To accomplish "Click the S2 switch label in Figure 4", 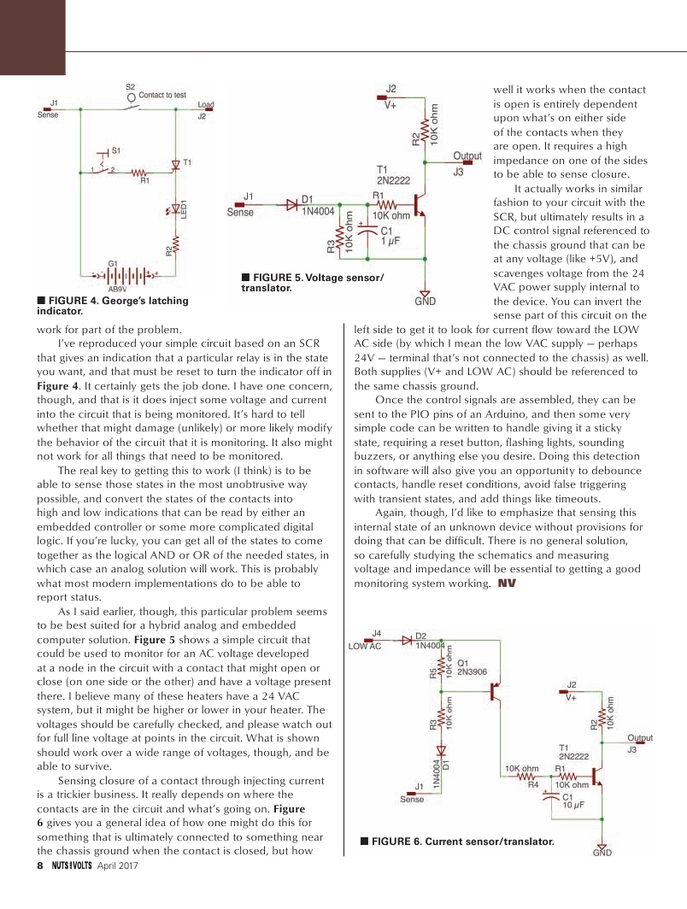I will coord(130,87).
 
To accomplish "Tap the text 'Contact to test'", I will coord(162,95).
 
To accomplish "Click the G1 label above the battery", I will coord(113,263).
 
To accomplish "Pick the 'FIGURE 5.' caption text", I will coord(278,278).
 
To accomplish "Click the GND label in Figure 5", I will coord(425,302).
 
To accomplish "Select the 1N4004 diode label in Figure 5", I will coord(319,211).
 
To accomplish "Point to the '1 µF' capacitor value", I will coord(391,242).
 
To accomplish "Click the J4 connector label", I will coord(376,633).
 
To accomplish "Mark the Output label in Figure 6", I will coord(640,738).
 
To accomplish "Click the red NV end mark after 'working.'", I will coord(507,584).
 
